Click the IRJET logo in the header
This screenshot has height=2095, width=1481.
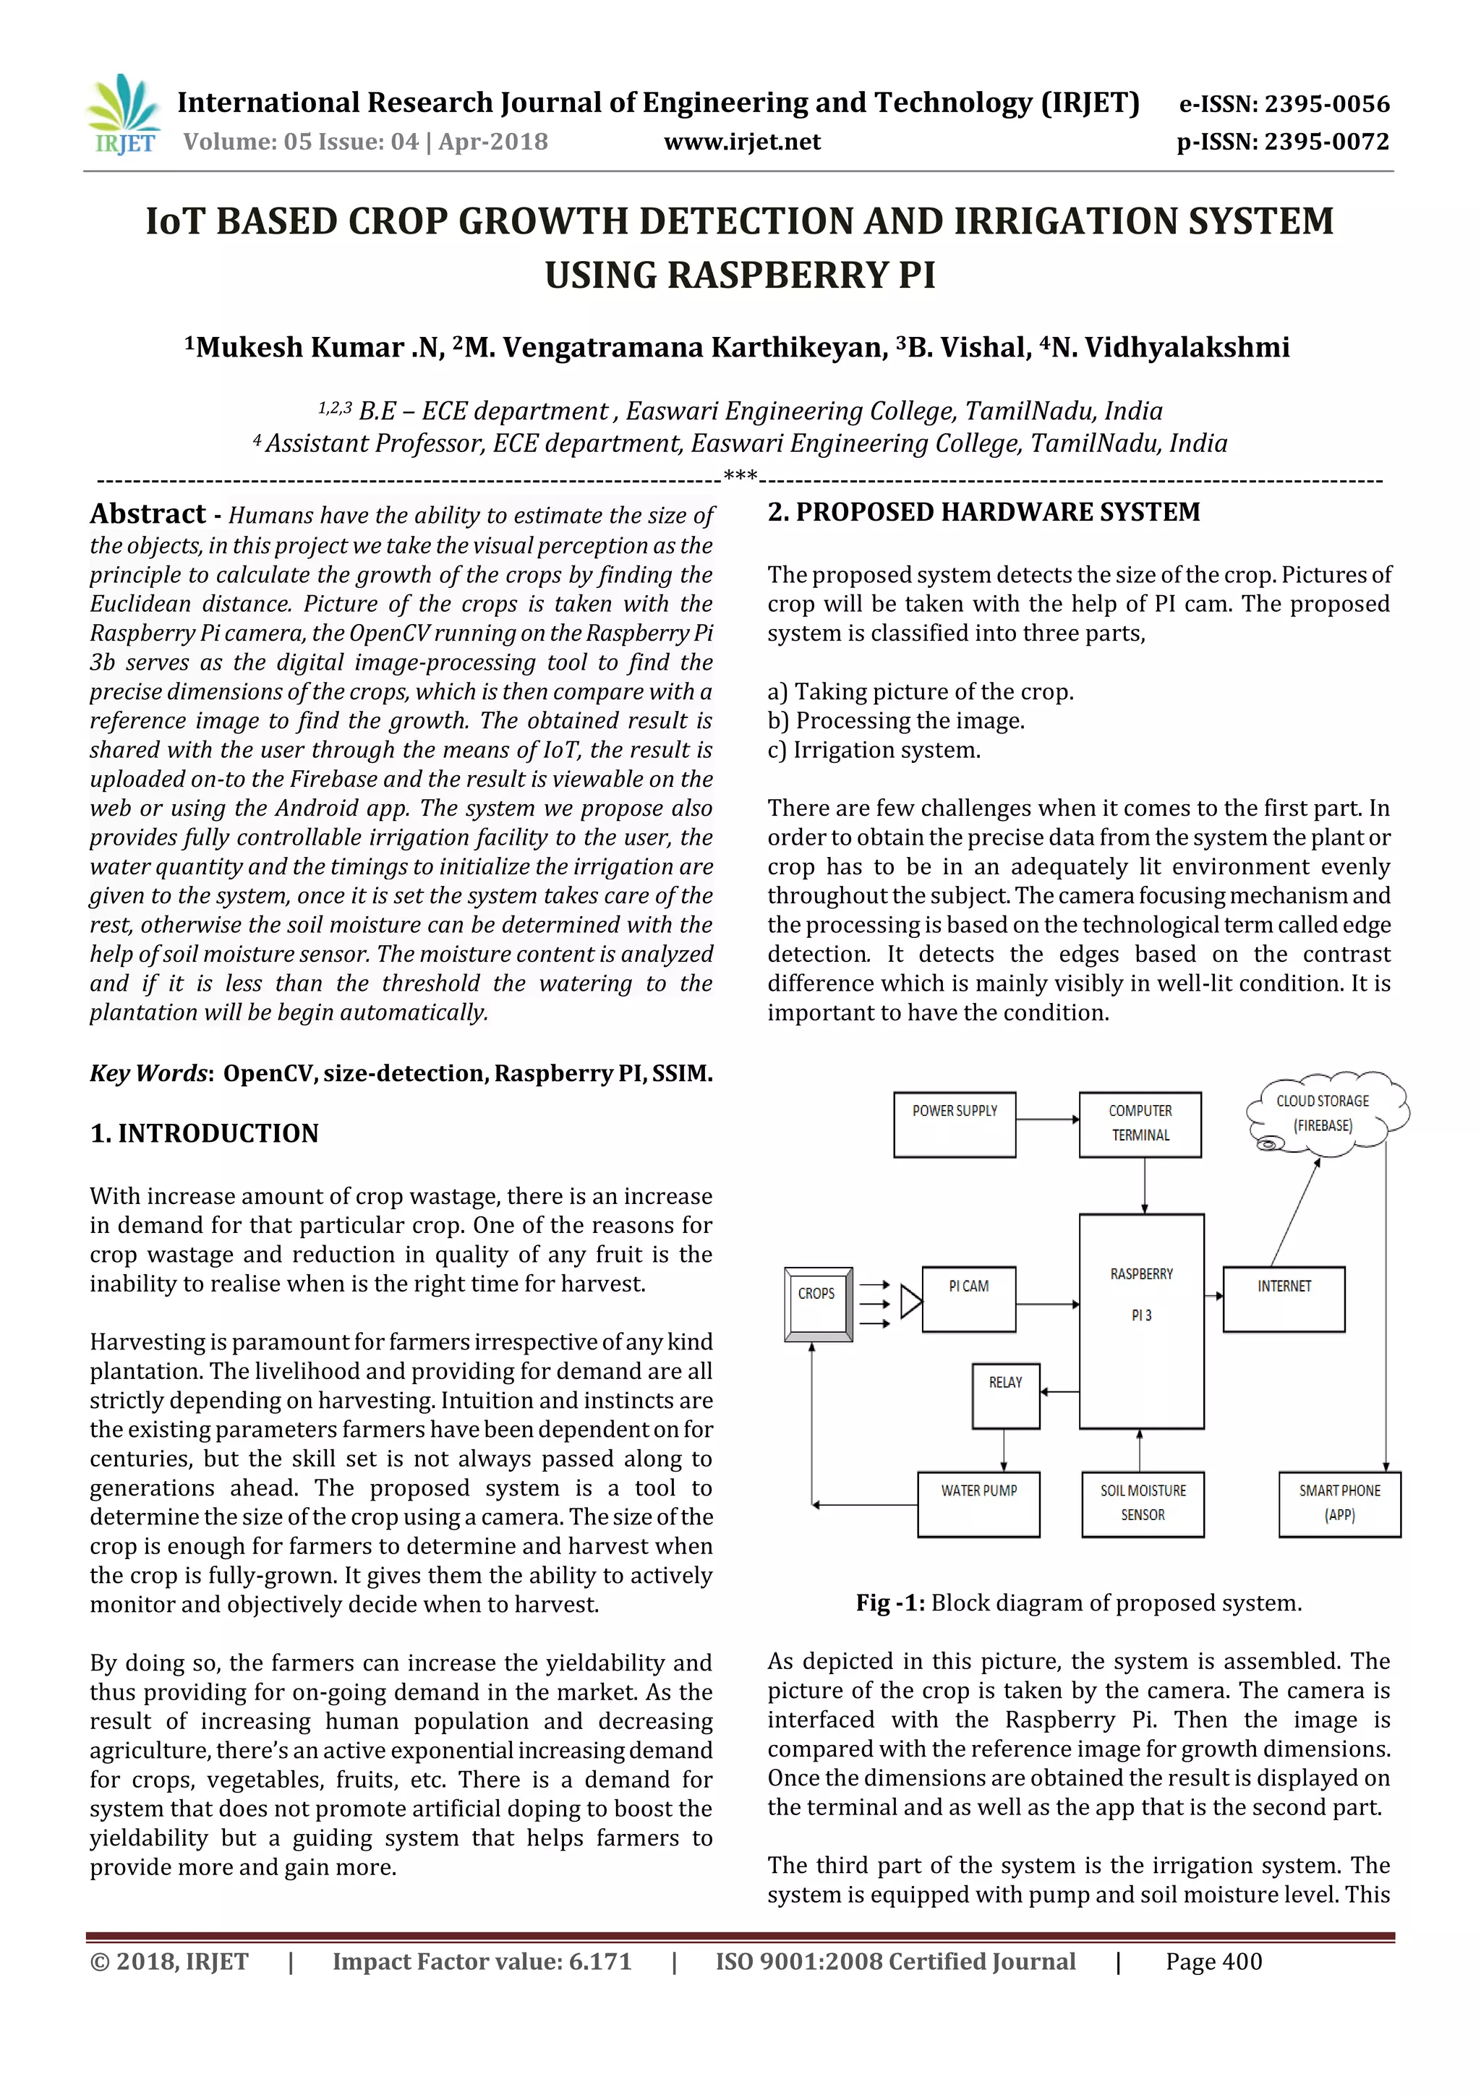123,114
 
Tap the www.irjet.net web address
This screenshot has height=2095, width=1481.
742,142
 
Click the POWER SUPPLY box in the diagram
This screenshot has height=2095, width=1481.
955,1124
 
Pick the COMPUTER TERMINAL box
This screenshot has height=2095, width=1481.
1140,1124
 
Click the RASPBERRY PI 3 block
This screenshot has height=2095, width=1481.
1142,1320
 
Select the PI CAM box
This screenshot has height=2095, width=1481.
968,1298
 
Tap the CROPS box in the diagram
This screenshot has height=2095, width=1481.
818,1304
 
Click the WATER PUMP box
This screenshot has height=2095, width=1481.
978,1503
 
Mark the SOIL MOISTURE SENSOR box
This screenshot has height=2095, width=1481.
1143,1503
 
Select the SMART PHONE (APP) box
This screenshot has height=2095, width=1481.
1339,1503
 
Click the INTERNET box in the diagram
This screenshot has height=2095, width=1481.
1284,1298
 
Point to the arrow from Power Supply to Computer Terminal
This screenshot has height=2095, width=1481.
1048,1119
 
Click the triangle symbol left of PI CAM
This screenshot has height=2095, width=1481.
910,1301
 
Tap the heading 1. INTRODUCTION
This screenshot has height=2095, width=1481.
205,1133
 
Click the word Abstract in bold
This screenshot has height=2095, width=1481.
148,515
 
